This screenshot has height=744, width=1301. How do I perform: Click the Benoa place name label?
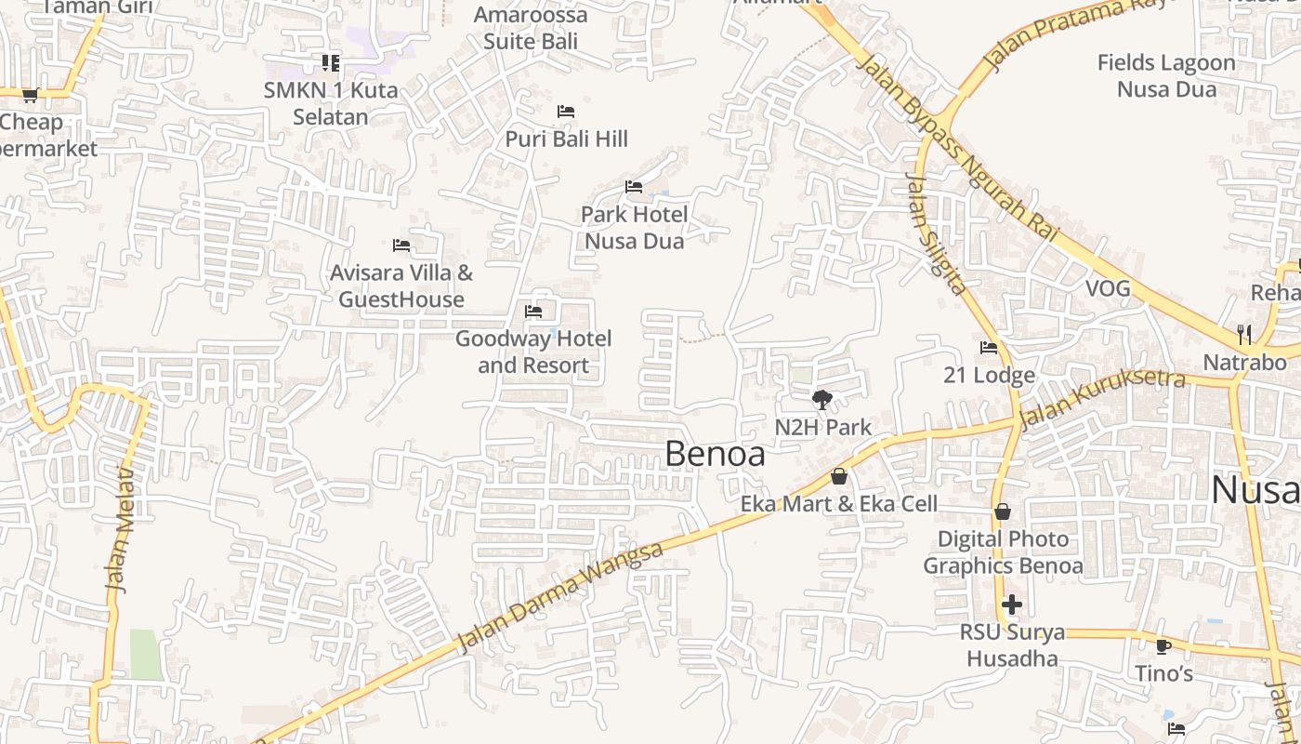(716, 454)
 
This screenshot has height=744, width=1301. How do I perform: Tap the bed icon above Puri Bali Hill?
(565, 112)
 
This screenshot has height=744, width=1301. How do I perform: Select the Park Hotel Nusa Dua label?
(634, 228)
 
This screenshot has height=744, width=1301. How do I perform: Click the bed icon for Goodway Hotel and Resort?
(533, 312)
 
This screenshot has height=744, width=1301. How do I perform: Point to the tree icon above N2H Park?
(821, 400)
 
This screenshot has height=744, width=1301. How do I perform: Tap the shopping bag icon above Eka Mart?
(839, 476)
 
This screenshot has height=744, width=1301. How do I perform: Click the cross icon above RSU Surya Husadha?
(1012, 605)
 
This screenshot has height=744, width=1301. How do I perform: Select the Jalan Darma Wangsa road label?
(560, 597)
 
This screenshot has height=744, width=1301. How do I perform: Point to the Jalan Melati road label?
(122, 530)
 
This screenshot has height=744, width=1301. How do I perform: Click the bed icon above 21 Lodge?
(989, 348)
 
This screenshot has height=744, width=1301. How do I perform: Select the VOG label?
(1109, 288)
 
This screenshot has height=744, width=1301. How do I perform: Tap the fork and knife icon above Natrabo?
(1244, 334)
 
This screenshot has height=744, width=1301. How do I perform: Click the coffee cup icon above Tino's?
(1163, 646)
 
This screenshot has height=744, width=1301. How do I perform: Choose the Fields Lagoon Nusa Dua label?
(1166, 76)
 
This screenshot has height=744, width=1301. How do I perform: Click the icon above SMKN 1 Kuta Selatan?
(331, 63)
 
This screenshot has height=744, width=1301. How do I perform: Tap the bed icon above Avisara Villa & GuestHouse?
(401, 246)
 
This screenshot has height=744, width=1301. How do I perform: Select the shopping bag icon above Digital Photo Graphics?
(1003, 511)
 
